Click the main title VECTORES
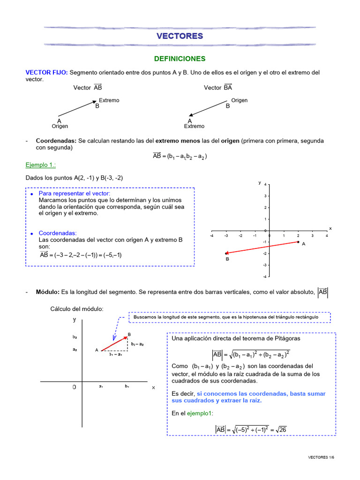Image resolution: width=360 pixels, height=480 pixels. (x=180, y=36)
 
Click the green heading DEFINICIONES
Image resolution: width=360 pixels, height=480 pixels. (x=180, y=59)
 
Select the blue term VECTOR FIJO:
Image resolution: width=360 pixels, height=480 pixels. (x=46, y=73)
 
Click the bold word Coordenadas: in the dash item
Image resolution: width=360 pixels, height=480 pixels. (x=56, y=141)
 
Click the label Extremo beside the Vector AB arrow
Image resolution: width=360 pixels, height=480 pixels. (x=109, y=100)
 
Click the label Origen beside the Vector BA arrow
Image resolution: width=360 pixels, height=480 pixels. (x=240, y=100)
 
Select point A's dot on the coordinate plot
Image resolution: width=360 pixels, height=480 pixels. (x=298, y=242)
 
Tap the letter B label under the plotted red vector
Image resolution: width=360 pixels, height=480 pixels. (x=227, y=259)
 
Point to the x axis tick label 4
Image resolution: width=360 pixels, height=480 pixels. (x=327, y=236)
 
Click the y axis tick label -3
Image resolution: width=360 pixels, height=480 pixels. (x=265, y=265)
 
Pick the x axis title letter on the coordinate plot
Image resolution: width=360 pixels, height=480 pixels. (x=330, y=228)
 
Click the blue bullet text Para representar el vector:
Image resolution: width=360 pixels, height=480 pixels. (x=75, y=194)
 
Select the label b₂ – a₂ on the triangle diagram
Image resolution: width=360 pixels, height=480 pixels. (x=137, y=344)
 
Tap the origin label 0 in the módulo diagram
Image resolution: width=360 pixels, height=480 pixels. (x=74, y=388)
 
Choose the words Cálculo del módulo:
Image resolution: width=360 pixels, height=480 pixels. (x=77, y=308)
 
